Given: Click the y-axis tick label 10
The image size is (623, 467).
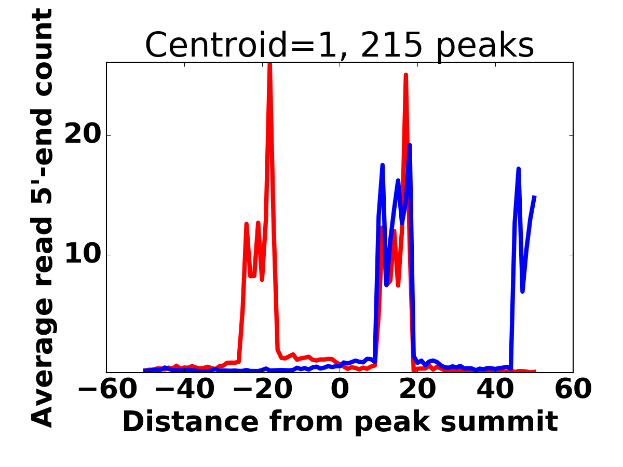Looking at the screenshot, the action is pos(83,255).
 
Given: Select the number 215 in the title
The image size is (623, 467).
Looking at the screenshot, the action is pos(391,45).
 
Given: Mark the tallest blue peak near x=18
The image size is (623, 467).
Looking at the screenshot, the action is pos(410,145).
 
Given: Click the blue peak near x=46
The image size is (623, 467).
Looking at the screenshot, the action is pos(519,169).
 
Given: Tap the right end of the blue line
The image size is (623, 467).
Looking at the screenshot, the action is pos(534,196).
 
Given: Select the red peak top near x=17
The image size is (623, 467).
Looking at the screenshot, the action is pos(406,75).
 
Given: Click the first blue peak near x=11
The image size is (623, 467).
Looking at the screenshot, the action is pos(383,166).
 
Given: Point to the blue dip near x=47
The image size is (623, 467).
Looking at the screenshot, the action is pos(522,291).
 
